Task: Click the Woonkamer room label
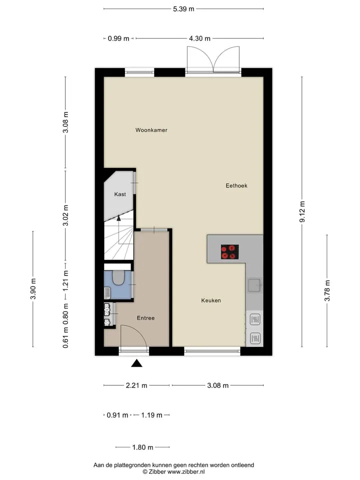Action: [x=151, y=130]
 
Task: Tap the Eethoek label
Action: [x=236, y=185]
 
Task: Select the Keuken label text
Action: [x=211, y=300]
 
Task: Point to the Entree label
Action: [x=145, y=318]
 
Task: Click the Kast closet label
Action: [x=120, y=194]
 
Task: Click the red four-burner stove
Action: [x=230, y=252]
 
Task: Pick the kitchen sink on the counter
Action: [x=254, y=285]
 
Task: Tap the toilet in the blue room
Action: [x=118, y=277]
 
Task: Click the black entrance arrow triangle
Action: [x=137, y=363]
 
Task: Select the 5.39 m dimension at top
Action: [x=183, y=9]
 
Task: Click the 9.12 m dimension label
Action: [x=302, y=211]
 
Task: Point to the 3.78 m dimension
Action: [x=327, y=290]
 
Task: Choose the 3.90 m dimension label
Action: [x=33, y=288]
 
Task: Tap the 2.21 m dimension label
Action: [x=136, y=385]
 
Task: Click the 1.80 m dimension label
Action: [x=142, y=447]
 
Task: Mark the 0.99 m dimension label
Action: [x=118, y=38]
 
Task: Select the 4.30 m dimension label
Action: [x=199, y=38]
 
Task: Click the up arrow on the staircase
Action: [x=119, y=217]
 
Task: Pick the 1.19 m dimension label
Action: [x=151, y=415]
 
